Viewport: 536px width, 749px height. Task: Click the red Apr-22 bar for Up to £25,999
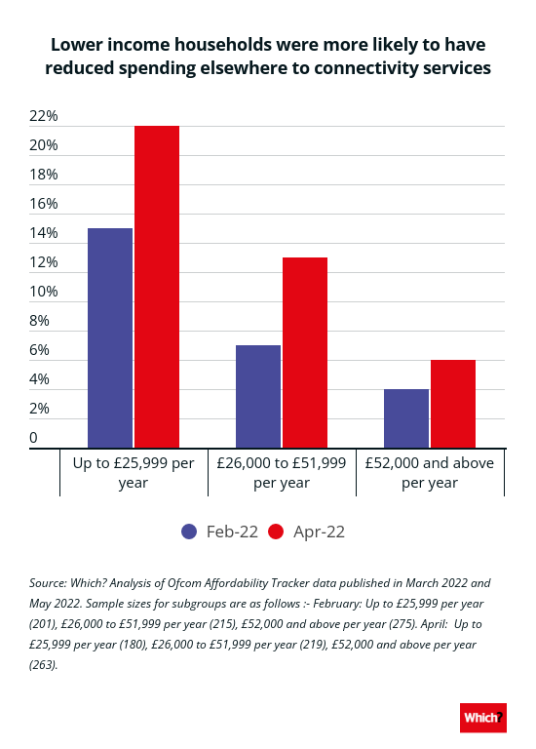point(157,287)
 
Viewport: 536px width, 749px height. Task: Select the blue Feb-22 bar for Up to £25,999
point(110,338)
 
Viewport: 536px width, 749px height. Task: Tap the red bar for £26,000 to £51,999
point(305,352)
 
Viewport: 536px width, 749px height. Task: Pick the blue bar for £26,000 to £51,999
point(258,397)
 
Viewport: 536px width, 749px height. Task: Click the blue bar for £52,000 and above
point(406,418)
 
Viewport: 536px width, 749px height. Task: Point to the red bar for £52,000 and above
point(453,404)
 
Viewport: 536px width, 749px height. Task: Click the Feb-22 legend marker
point(189,532)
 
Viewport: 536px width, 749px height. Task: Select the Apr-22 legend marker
point(277,532)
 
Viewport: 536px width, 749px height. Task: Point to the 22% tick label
point(44,116)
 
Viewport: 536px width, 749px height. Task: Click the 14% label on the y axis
point(44,233)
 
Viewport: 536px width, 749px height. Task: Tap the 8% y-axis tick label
point(39,321)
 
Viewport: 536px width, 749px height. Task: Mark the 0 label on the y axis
point(33,438)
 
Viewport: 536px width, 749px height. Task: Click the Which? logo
point(483,718)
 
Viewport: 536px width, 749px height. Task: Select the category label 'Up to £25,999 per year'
point(134,472)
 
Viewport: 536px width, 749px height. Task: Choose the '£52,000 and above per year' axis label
point(430,472)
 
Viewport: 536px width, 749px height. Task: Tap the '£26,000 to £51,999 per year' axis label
point(282,472)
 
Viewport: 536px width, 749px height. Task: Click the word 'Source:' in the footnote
point(48,583)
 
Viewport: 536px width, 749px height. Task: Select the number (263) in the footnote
point(44,665)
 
